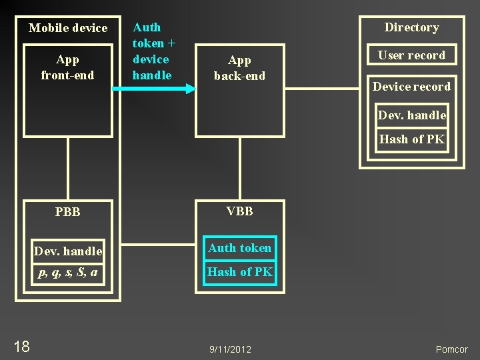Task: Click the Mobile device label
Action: click(68, 28)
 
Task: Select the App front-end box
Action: click(68, 90)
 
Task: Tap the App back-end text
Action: click(239, 68)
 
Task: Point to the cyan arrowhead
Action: click(190, 89)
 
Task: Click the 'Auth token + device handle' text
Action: click(153, 51)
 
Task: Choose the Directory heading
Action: click(411, 27)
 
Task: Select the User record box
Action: click(411, 55)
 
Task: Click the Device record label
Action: click(411, 87)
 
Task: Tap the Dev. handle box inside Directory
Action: click(411, 115)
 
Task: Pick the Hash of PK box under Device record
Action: click(411, 139)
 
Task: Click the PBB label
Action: click(68, 212)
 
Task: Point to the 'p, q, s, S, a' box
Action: click(68, 272)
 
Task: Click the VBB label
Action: click(239, 211)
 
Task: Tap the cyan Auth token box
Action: click(239, 248)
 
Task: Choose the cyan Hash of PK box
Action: click(239, 272)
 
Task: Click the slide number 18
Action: click(21, 346)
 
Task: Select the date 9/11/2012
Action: click(230, 349)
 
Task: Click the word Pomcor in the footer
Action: click(452, 349)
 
